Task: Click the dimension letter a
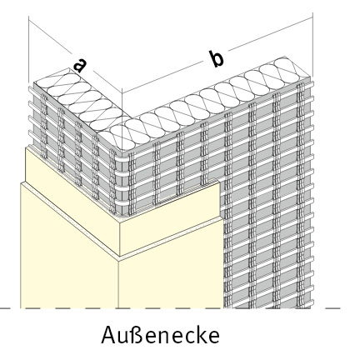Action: coord(80,65)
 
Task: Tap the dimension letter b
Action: coord(216,58)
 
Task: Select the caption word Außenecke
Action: coord(160,335)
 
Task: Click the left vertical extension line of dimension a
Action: coord(28,49)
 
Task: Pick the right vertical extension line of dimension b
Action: coord(312,44)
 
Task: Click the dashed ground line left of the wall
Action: coord(10,308)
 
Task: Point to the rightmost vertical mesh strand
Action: coord(300,194)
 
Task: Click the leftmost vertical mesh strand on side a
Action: coord(44,126)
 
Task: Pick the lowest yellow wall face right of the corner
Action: coord(171,277)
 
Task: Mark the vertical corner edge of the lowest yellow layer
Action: coord(118,283)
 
